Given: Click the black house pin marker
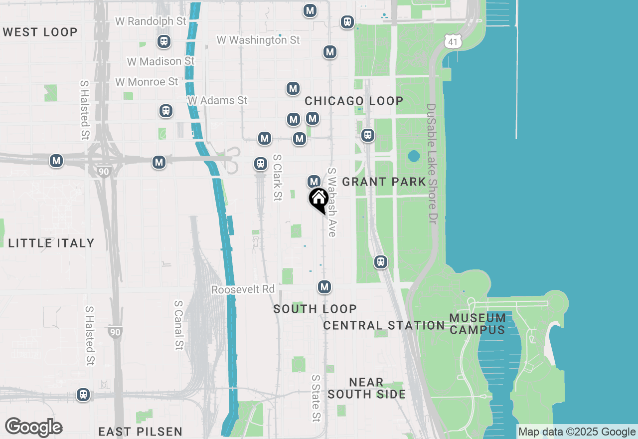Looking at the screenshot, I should (319, 200).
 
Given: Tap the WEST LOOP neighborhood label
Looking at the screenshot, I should (40, 32).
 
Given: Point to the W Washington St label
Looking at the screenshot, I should (258, 40).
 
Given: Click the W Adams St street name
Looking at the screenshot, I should (217, 100).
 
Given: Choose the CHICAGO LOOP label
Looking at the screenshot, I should (354, 101).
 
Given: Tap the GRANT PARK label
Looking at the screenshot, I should (384, 182).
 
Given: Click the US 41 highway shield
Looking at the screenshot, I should (453, 42).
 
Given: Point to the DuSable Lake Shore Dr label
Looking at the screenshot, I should (432, 164).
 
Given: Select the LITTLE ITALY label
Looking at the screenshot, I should (51, 243).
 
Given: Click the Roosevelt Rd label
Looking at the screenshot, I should (243, 289).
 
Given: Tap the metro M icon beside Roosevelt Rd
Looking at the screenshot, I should (324, 287).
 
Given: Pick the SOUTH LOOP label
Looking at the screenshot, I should (315, 309).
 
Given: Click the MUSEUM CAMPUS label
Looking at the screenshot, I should (478, 324).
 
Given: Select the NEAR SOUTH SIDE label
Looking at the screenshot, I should (366, 388).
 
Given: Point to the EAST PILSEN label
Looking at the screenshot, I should (140, 432).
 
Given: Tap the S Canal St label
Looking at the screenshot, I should (179, 325).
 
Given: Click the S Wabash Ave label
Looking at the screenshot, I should (332, 202).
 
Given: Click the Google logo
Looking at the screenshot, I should (33, 428).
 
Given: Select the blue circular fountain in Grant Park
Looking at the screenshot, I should (414, 157).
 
